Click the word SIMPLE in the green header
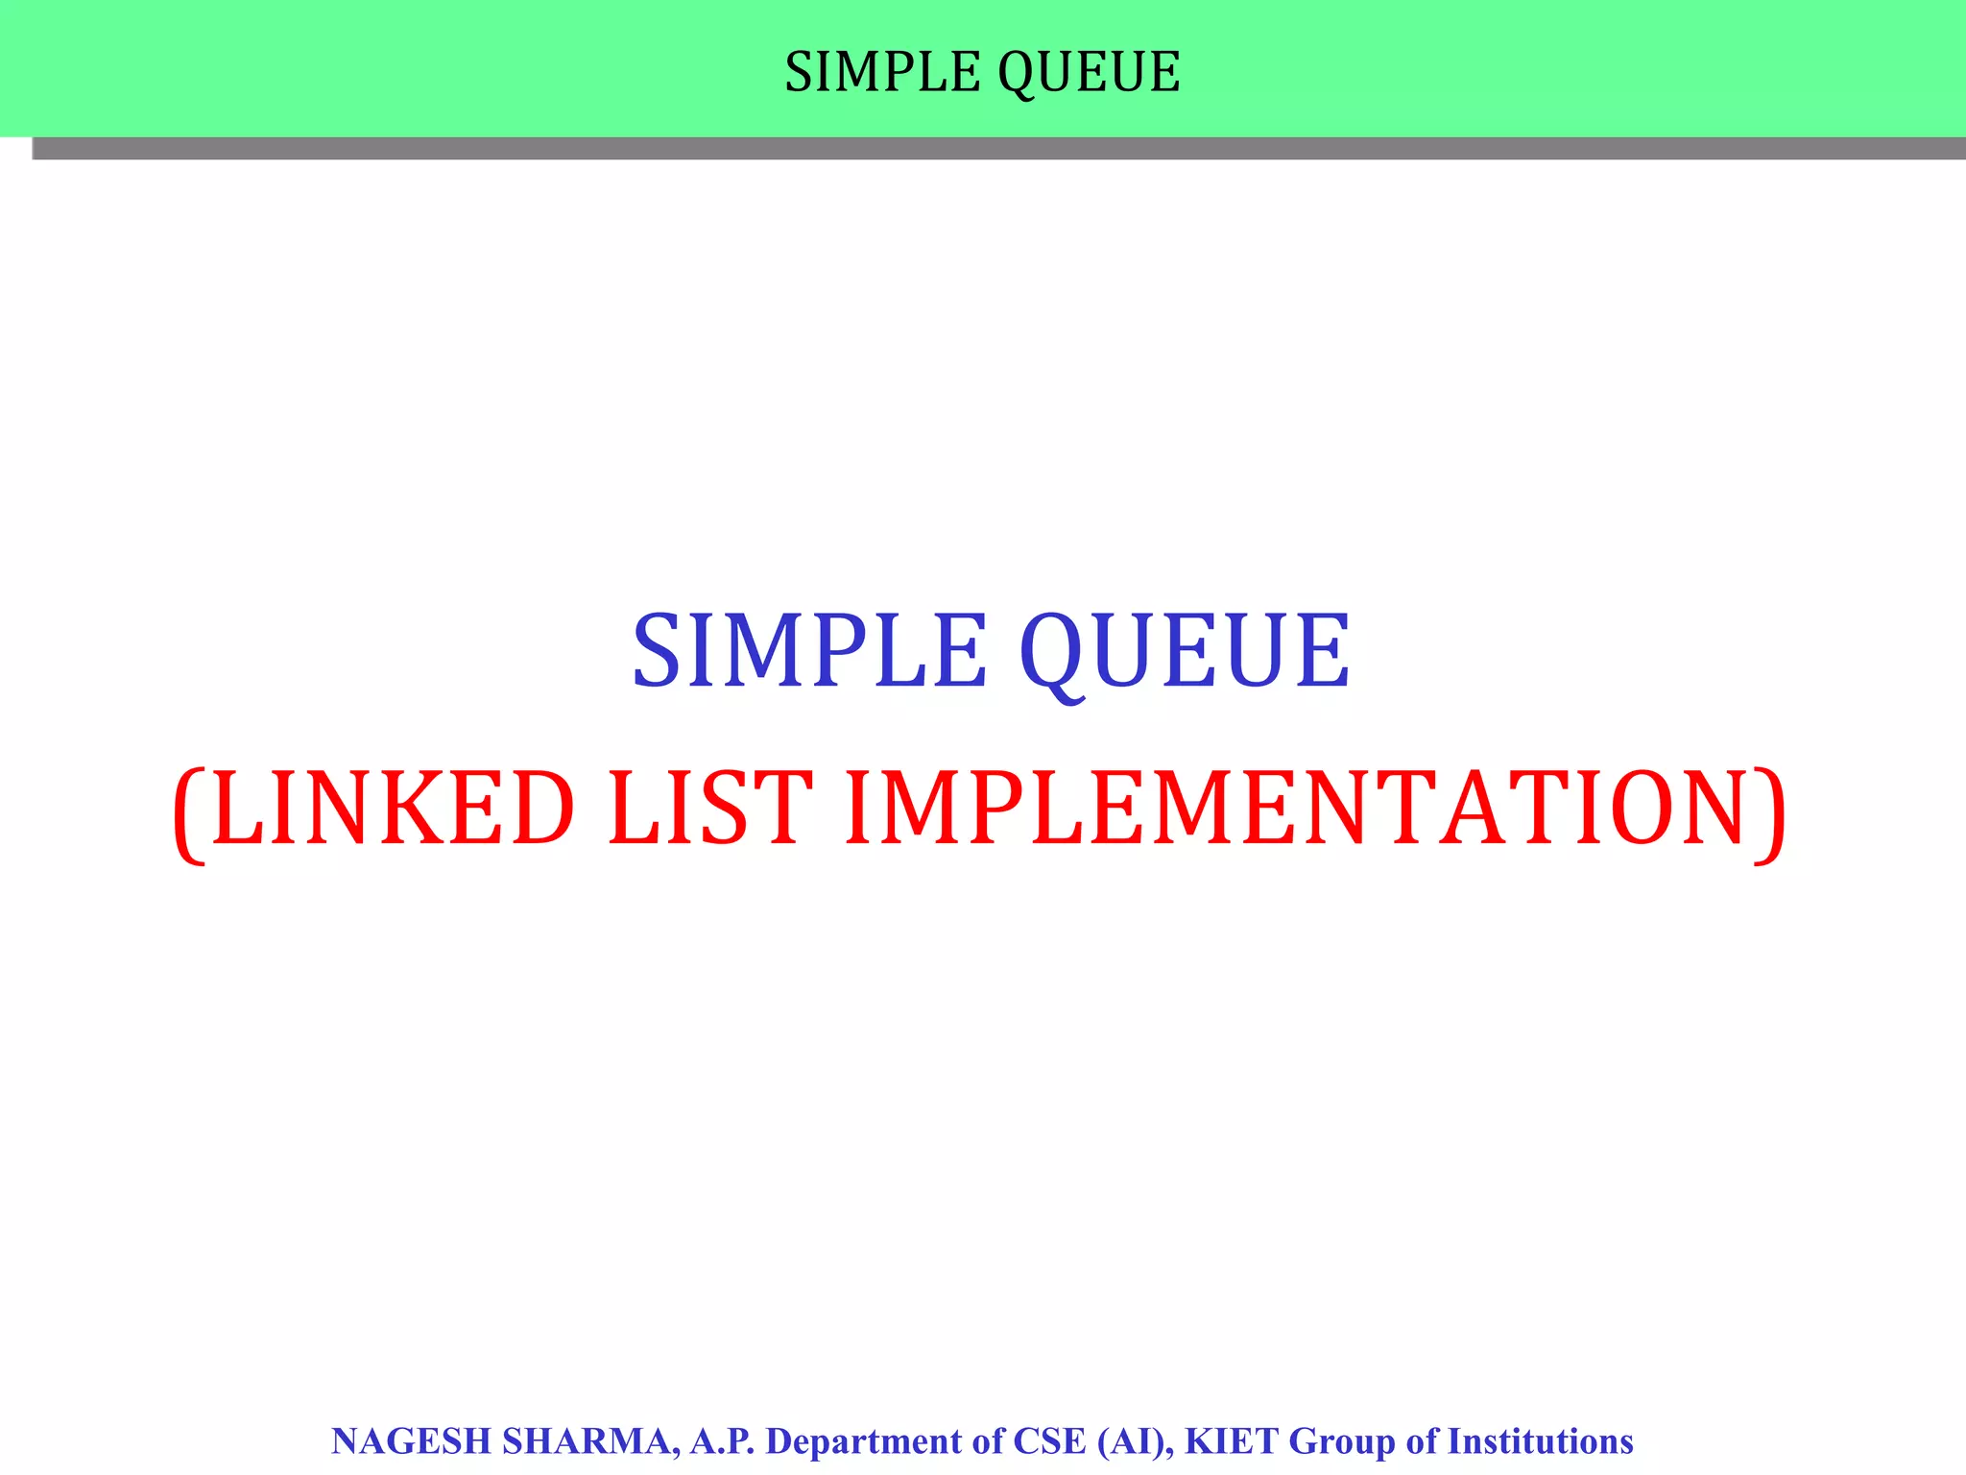[x=882, y=72]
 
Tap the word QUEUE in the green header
[x=1089, y=72]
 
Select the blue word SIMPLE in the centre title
[x=809, y=652]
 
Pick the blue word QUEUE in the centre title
[x=1185, y=652]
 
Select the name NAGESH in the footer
[x=411, y=1441]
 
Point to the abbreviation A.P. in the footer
[x=723, y=1441]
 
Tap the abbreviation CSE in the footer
[x=1049, y=1441]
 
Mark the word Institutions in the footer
[x=1540, y=1441]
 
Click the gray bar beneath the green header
[x=998, y=148]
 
